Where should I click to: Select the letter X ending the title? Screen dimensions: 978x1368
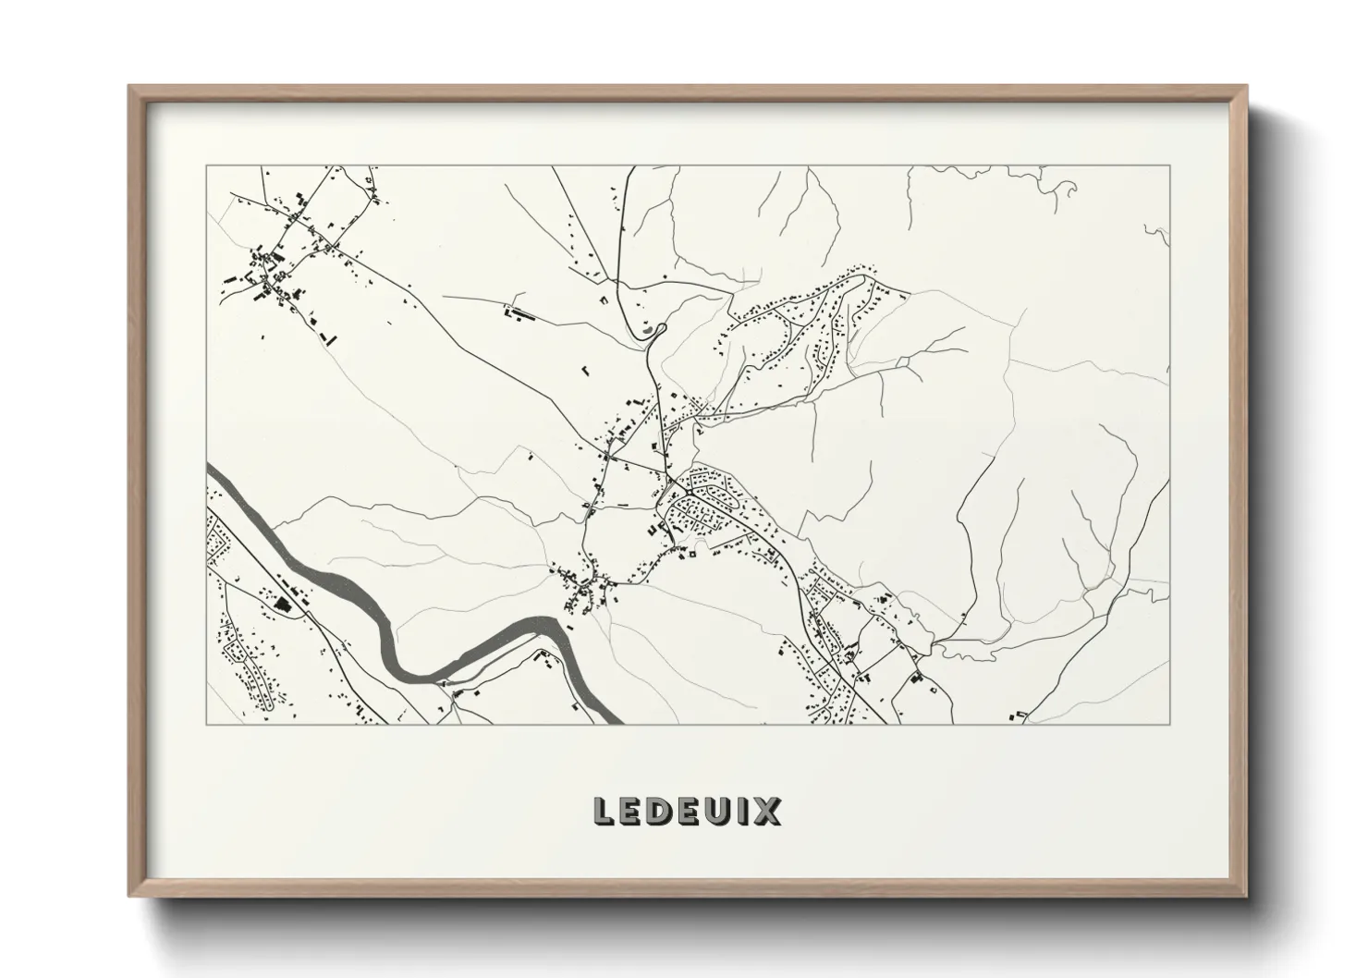click(x=766, y=812)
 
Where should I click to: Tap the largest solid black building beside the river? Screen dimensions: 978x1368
click(x=280, y=605)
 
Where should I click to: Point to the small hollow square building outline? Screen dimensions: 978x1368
click(x=690, y=555)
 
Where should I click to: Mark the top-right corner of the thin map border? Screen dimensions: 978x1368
click(x=1170, y=165)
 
